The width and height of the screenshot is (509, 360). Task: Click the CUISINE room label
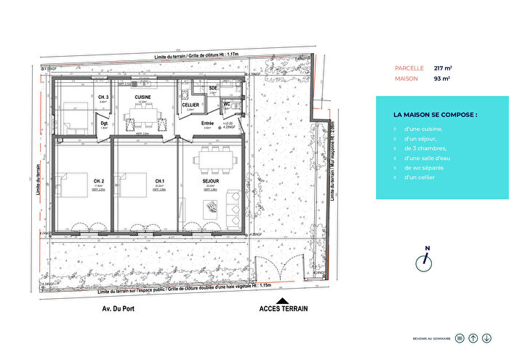143,97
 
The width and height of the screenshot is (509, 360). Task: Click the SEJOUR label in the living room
212,180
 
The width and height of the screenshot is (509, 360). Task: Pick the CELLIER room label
191,105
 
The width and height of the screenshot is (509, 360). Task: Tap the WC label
227,103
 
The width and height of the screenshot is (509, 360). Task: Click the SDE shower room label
213,88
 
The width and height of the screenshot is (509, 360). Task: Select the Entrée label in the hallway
207,124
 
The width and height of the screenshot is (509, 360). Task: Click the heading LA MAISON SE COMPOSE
435,115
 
